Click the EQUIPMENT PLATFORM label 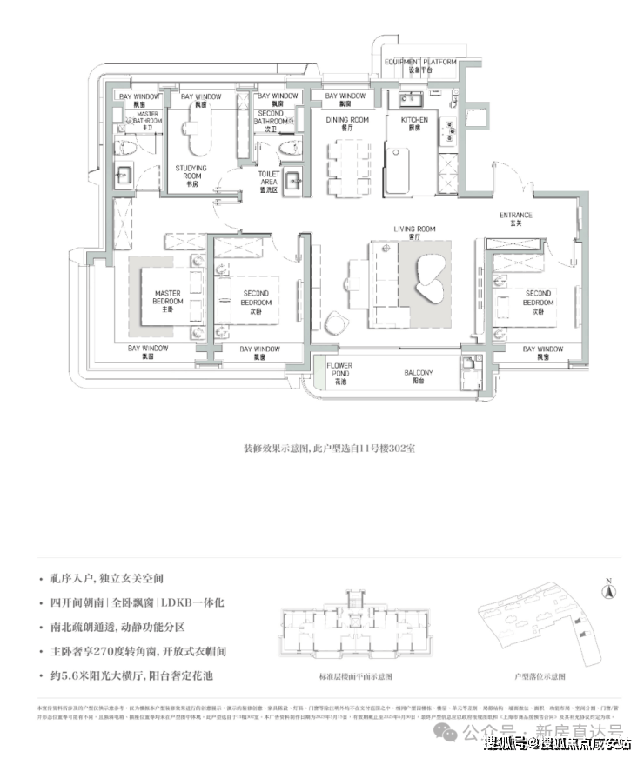tap(422, 64)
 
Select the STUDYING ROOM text tap(191, 171)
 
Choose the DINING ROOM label tap(348, 123)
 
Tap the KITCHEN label tap(415, 123)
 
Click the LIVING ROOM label tap(414, 232)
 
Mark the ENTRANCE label tap(515, 218)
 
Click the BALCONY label tap(419, 376)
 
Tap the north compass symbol tap(611, 590)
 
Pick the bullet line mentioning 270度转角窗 tap(138, 650)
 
